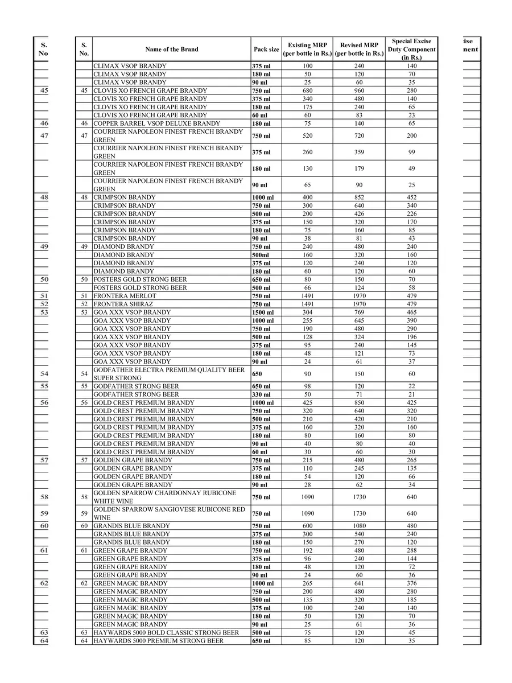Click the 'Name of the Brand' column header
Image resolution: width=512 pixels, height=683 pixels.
[171, 50]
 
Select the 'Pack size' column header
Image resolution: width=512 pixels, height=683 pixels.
[266, 50]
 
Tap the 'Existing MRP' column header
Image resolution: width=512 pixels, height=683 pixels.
[307, 50]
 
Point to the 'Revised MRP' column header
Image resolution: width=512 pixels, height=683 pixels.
[359, 50]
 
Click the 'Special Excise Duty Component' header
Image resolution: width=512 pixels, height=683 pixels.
[411, 50]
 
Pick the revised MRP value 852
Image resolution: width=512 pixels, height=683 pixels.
[359, 198]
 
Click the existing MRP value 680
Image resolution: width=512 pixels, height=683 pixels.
[307, 90]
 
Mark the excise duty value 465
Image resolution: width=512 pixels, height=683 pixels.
[411, 312]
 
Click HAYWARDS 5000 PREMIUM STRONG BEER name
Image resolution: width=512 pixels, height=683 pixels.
[158, 641]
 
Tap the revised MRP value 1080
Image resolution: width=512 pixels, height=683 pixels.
[359, 526]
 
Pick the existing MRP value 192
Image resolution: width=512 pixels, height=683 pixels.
[307, 550]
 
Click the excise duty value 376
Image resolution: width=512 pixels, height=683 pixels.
[411, 583]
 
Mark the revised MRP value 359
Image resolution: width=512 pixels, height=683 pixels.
[359, 153]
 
